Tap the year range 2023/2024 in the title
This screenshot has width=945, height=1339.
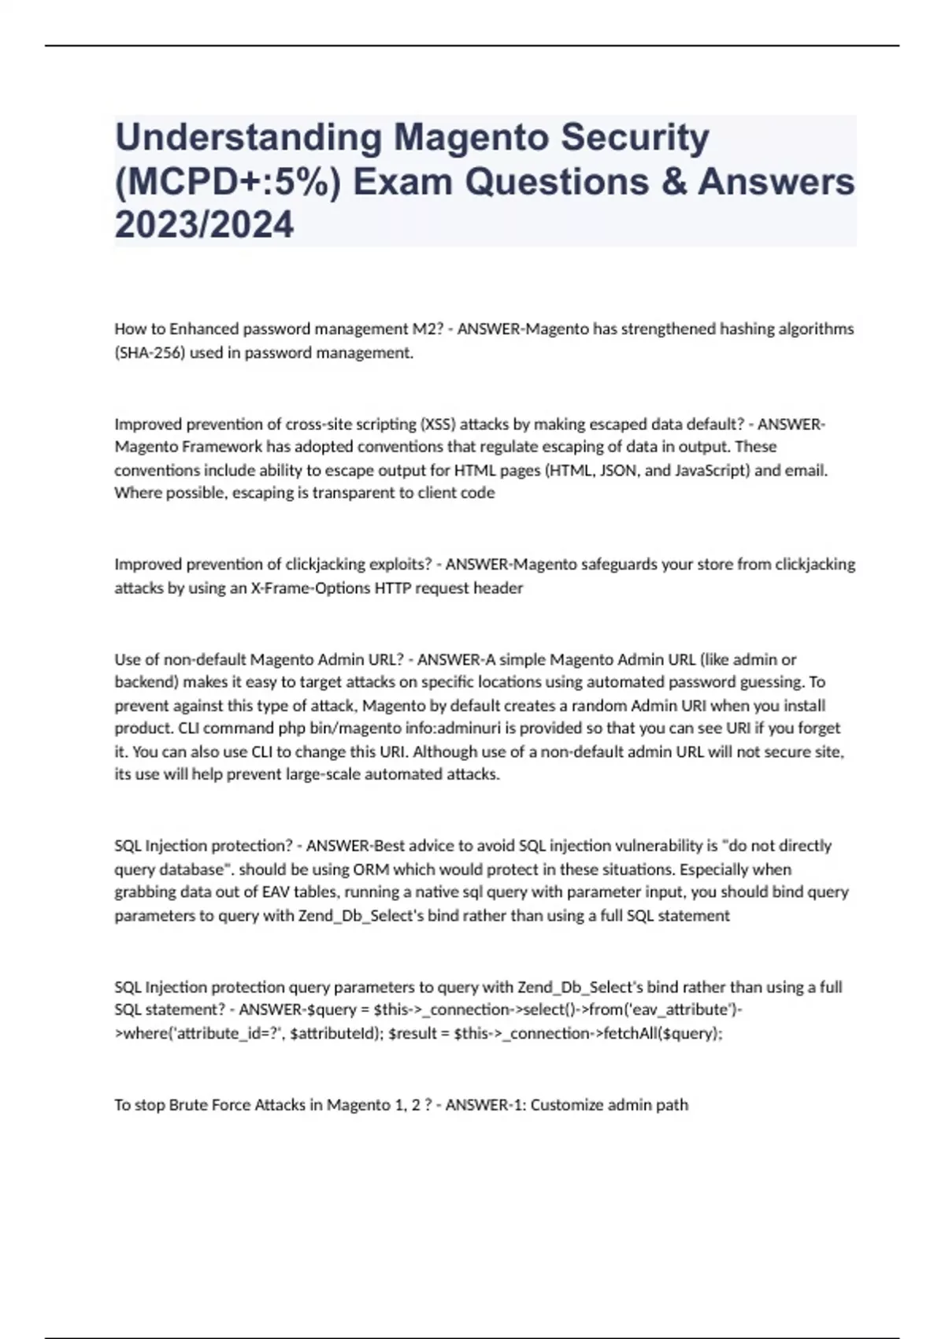click(x=204, y=225)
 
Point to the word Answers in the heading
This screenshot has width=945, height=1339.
click(x=776, y=182)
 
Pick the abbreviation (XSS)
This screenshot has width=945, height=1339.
click(x=438, y=424)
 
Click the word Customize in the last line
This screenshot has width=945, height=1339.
click(x=565, y=1104)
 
